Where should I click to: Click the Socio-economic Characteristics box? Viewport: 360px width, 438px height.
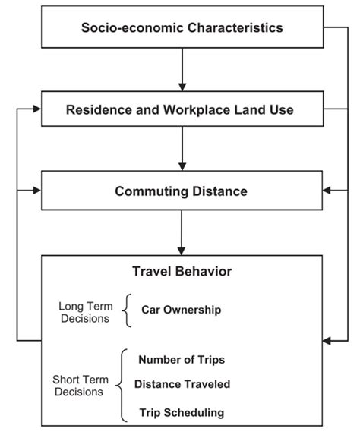click(x=182, y=28)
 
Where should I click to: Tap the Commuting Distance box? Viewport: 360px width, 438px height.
click(x=182, y=191)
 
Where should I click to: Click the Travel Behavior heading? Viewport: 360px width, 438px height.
click(x=182, y=271)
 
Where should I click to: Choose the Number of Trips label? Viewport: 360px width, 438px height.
click(x=181, y=359)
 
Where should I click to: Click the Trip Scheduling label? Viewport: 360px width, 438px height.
click(x=181, y=412)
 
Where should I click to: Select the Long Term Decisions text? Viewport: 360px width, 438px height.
click(x=85, y=312)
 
